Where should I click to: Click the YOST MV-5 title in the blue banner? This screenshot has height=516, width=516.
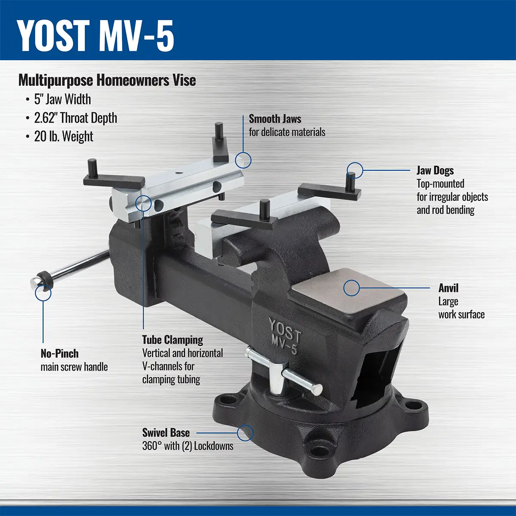coord(95,36)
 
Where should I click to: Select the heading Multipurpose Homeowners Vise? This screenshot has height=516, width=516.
coord(107,80)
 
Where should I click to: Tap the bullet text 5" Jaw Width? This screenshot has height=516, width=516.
coord(62,99)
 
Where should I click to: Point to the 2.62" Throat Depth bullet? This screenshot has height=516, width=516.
coord(76,118)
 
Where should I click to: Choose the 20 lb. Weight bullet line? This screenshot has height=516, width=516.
coord(64,137)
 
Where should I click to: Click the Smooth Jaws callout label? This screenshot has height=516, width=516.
coord(275,119)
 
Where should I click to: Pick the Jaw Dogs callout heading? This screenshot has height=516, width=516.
coord(435,171)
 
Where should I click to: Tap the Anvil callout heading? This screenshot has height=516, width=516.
coord(448,288)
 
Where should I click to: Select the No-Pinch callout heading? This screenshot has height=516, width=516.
coord(59,353)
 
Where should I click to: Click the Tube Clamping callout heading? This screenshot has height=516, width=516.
coord(172,340)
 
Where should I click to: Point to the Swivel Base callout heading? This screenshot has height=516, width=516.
coord(166,433)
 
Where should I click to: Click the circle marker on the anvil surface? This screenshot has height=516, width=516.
coord(351,288)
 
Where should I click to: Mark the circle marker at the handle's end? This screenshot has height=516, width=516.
coord(43,293)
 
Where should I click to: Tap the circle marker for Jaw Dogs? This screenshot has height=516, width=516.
coord(355,170)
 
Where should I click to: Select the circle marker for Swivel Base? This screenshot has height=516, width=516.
coord(245,433)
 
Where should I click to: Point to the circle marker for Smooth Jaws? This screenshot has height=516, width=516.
coord(243,160)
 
